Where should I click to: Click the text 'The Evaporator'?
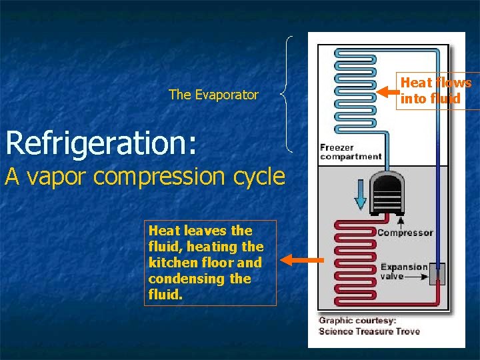click(x=213, y=95)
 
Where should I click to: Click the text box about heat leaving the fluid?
click(x=211, y=263)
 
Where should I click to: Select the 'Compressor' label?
click(x=405, y=233)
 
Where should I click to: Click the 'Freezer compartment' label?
click(x=351, y=152)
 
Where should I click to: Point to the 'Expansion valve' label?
click(x=404, y=271)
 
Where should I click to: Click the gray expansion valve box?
click(x=437, y=273)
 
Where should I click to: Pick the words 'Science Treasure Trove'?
click(x=369, y=331)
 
